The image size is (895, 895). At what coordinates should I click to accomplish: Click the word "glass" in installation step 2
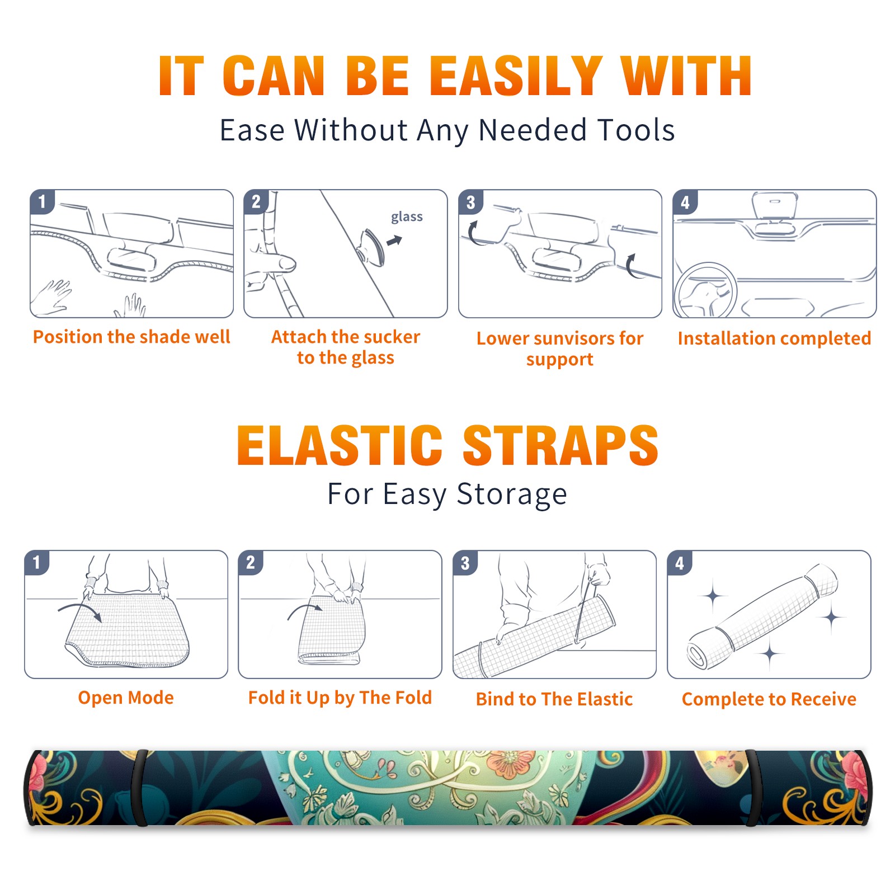pyautogui.click(x=407, y=217)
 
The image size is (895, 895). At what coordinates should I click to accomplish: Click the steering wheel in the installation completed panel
pyautogui.click(x=705, y=290)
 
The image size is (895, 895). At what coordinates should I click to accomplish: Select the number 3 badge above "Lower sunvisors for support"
pyautogui.click(x=470, y=202)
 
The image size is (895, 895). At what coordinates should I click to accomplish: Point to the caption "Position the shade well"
pyautogui.click(x=131, y=337)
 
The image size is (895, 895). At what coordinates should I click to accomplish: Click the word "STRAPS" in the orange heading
pyautogui.click(x=560, y=445)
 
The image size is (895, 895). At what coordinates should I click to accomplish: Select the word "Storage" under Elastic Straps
pyautogui.click(x=512, y=494)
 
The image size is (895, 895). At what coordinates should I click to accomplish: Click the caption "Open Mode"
pyautogui.click(x=126, y=698)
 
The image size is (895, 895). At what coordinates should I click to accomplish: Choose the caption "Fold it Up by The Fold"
pyautogui.click(x=340, y=698)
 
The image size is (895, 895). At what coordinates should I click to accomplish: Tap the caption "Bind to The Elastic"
pyautogui.click(x=554, y=699)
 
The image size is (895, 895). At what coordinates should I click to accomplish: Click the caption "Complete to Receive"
pyautogui.click(x=769, y=699)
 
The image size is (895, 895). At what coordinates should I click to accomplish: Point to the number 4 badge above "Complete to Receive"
pyautogui.click(x=680, y=563)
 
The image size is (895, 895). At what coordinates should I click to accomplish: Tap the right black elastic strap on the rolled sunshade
pyautogui.click(x=753, y=788)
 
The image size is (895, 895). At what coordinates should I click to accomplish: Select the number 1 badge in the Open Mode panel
pyautogui.click(x=37, y=563)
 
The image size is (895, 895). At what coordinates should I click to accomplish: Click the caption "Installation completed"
pyautogui.click(x=775, y=338)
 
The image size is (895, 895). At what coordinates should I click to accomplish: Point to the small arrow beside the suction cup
pyautogui.click(x=395, y=241)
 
